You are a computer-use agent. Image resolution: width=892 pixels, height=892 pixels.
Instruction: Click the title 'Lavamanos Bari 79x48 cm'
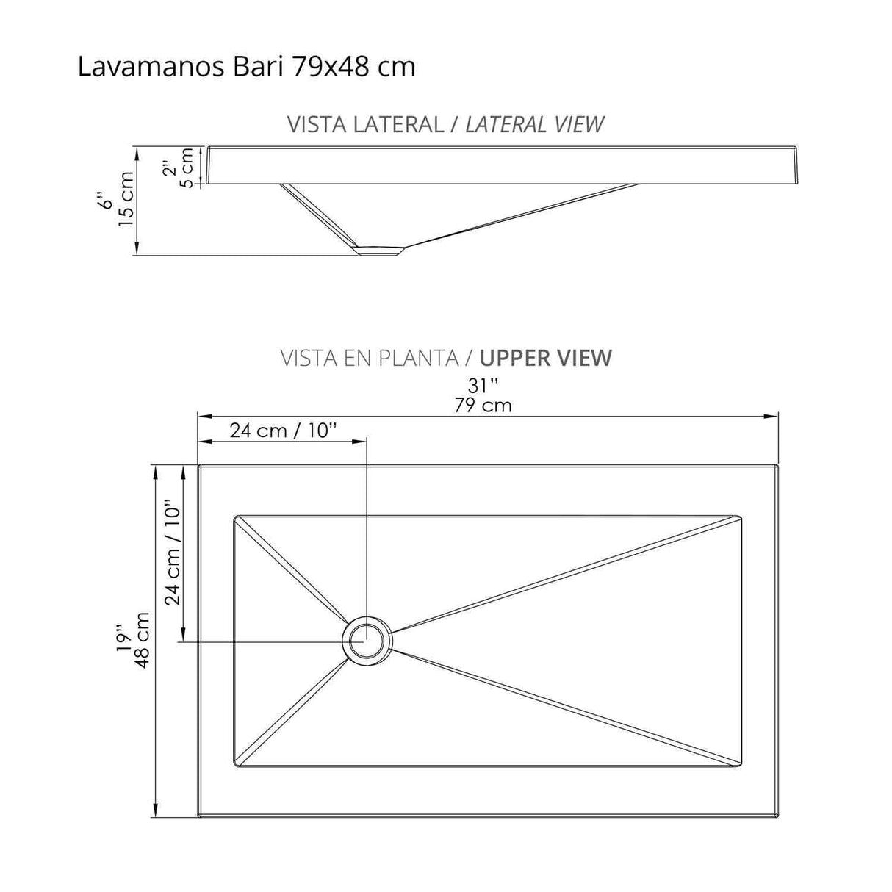[246, 67]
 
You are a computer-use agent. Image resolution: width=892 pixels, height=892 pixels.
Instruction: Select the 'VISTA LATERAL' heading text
[365, 124]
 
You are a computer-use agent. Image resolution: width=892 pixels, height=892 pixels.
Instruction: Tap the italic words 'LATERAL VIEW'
[535, 124]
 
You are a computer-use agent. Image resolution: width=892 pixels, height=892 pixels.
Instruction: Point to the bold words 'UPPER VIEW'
[545, 358]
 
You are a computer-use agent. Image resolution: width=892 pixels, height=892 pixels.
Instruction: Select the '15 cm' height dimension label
[127, 199]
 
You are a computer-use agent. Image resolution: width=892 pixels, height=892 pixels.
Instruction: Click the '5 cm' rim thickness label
[187, 168]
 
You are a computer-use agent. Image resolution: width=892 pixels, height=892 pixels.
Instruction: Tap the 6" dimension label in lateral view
[108, 200]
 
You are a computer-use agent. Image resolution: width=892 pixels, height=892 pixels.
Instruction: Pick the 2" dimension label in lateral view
[170, 168]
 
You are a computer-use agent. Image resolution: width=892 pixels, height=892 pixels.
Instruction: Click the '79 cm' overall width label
[483, 405]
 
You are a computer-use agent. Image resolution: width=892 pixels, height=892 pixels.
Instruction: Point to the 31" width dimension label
[483, 384]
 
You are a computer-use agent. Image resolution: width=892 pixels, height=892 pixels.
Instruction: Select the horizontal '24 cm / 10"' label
[283, 431]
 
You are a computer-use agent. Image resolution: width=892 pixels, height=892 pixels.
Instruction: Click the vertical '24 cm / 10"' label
[172, 553]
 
